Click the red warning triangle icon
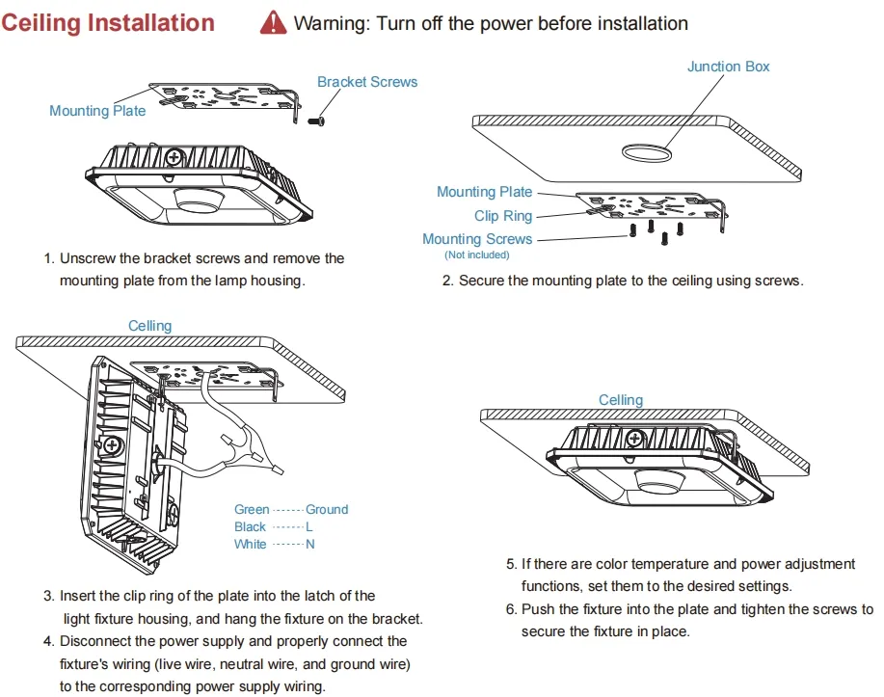click(x=274, y=22)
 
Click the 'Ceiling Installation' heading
click(x=108, y=22)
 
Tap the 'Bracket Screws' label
click(x=367, y=82)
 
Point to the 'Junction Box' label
click(x=728, y=67)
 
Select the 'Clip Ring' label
click(x=503, y=216)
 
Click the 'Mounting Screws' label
click(x=477, y=239)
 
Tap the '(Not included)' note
click(x=476, y=255)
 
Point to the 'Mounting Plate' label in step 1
click(x=97, y=111)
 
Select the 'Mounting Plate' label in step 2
click(x=484, y=192)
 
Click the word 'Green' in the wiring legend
click(x=252, y=509)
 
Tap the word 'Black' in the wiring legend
click(x=250, y=526)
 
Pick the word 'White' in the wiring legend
click(x=250, y=545)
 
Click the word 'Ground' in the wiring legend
click(x=327, y=509)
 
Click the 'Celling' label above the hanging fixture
click(x=149, y=326)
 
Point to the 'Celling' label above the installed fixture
click(x=620, y=400)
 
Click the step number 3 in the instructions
click(x=48, y=597)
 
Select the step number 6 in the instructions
click(x=511, y=609)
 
